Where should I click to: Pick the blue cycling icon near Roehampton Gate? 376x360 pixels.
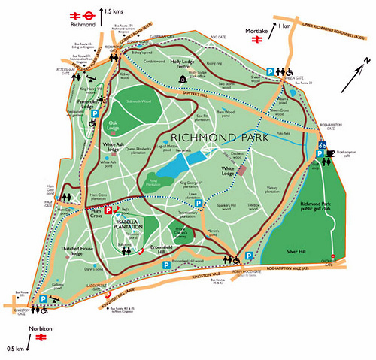tap(322, 144)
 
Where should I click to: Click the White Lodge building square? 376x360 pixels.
tap(244, 170)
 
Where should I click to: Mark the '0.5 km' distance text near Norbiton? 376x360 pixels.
tap(14, 348)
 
